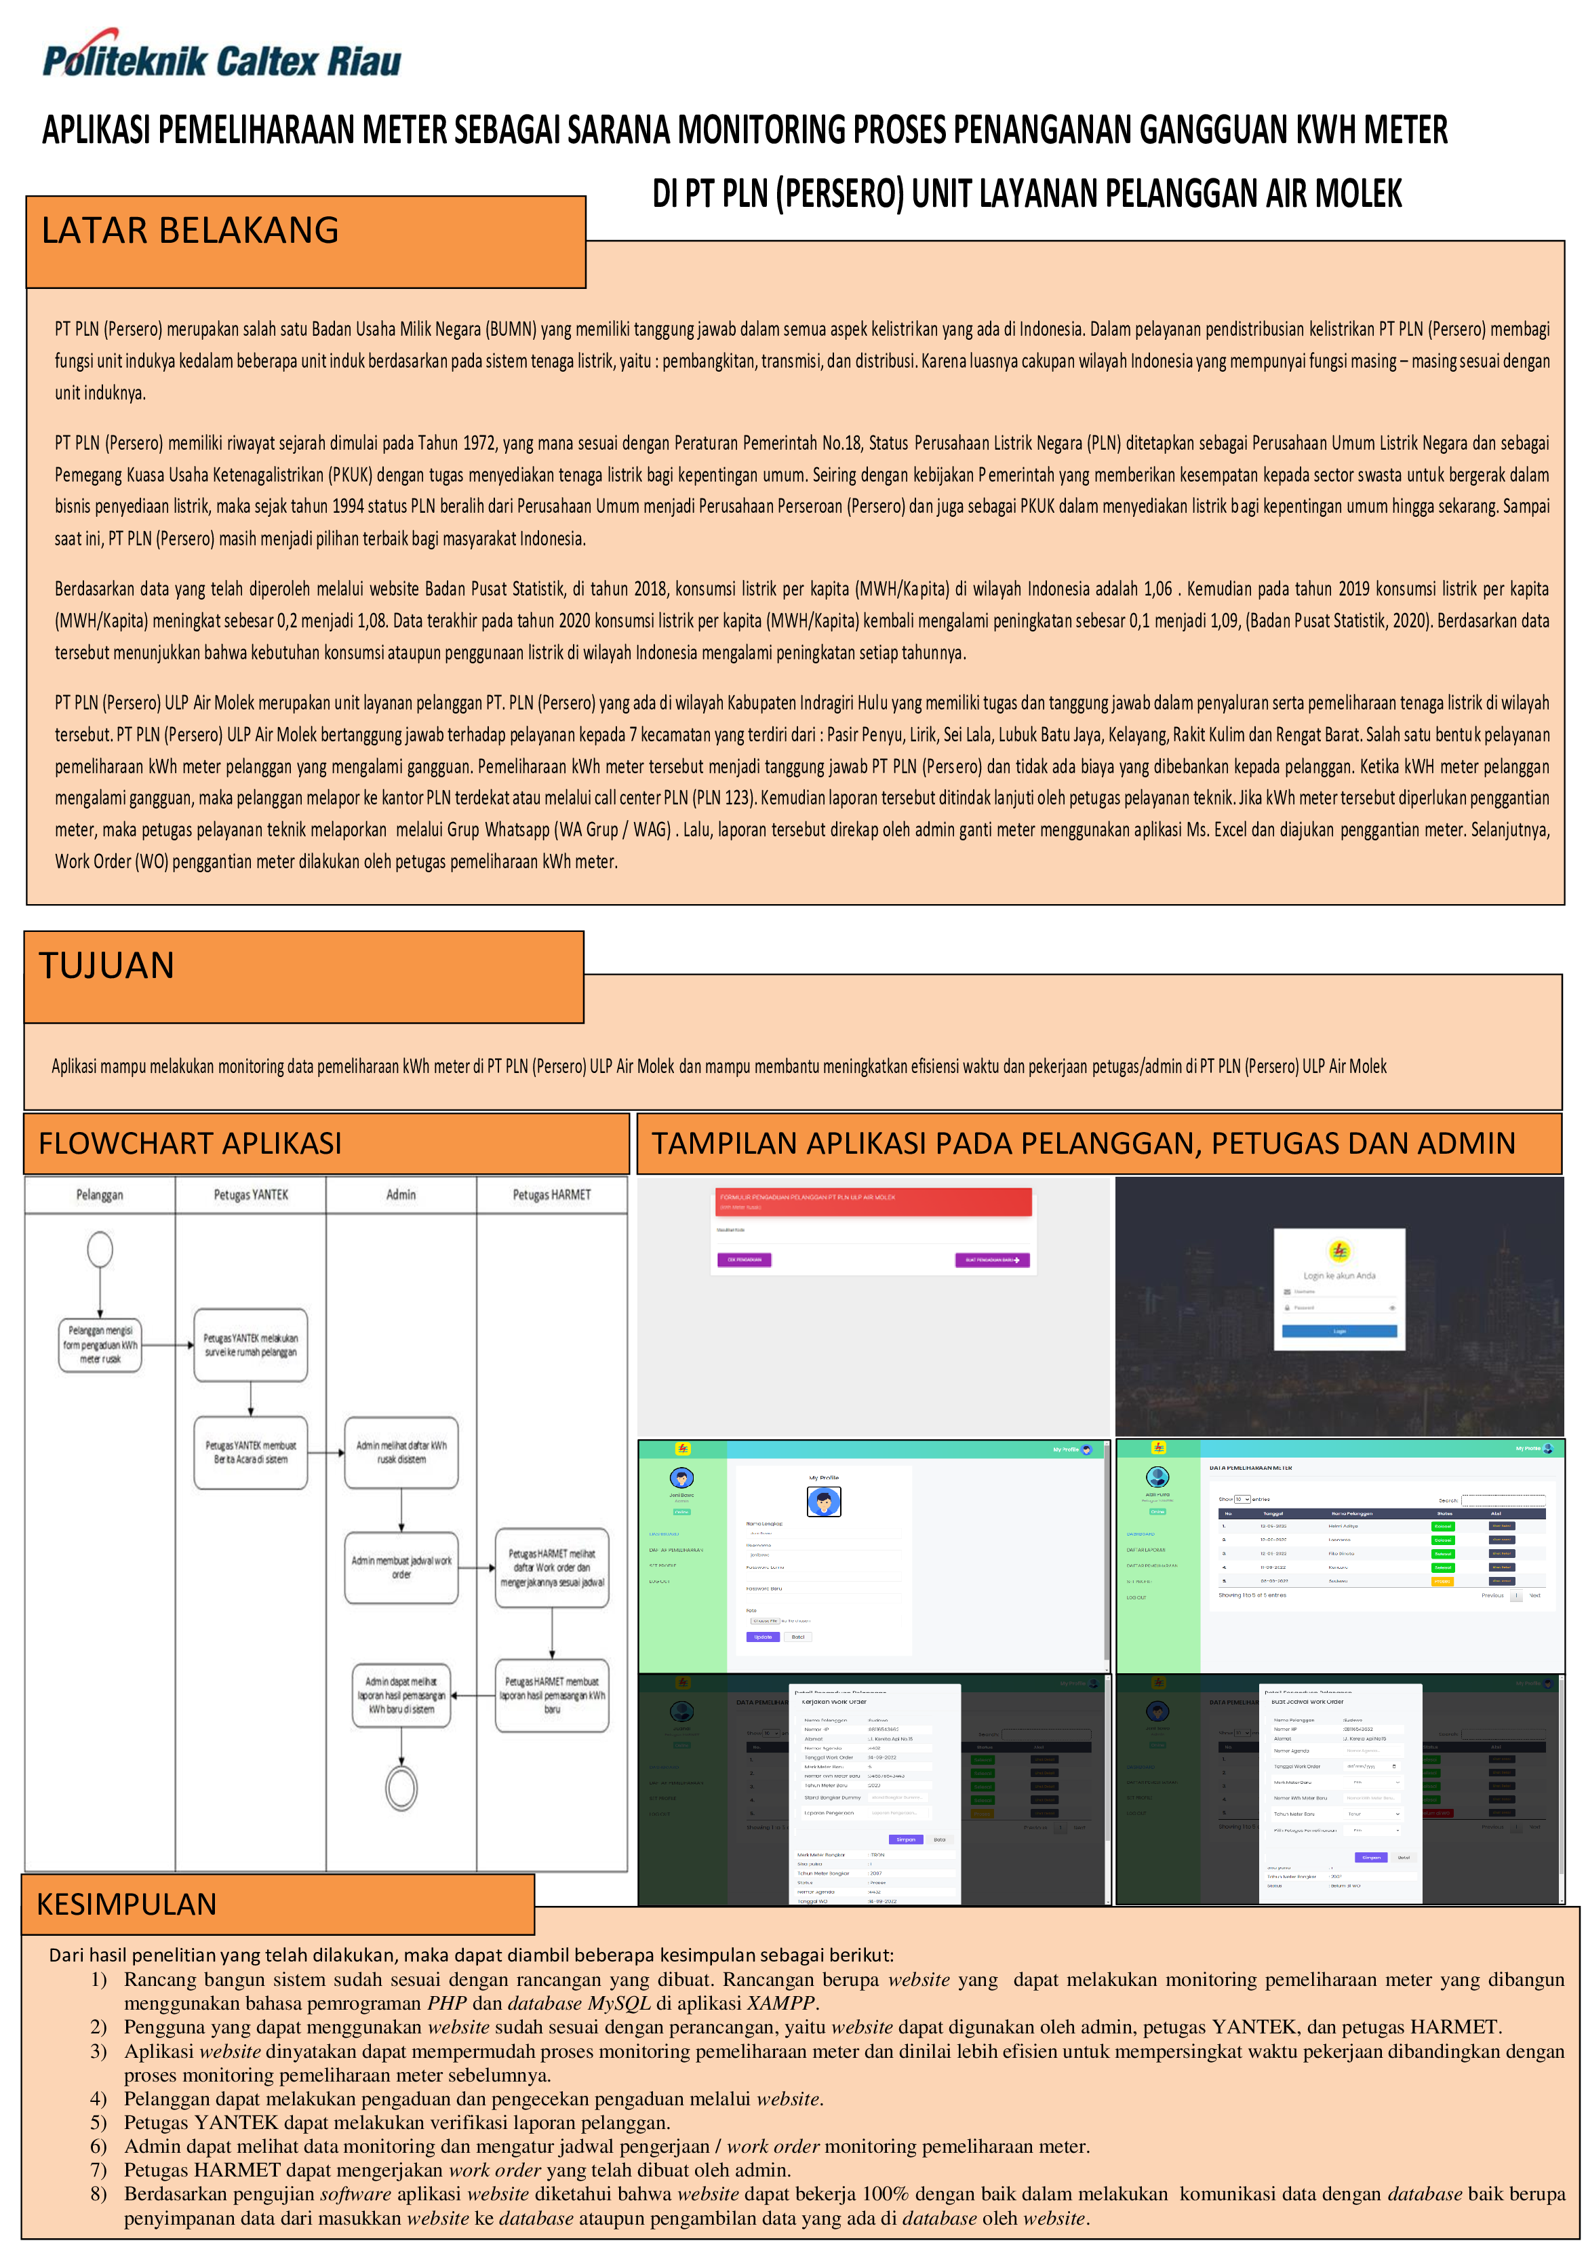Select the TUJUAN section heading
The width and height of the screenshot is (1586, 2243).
point(106,965)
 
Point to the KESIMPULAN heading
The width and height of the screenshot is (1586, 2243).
point(126,1904)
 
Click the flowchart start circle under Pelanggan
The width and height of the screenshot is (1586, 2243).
point(100,1249)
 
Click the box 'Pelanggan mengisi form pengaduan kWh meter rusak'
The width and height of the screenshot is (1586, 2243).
point(100,1344)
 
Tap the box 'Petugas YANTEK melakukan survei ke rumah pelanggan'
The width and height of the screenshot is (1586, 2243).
point(251,1345)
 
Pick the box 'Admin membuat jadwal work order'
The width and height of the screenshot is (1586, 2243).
point(401,1567)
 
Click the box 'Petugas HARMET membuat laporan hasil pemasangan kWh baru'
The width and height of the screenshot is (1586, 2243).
point(552,1695)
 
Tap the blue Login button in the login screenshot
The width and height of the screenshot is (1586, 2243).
point(1339,1331)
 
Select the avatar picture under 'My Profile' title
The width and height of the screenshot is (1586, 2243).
point(825,1500)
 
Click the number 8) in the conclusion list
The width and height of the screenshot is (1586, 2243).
point(98,2193)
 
